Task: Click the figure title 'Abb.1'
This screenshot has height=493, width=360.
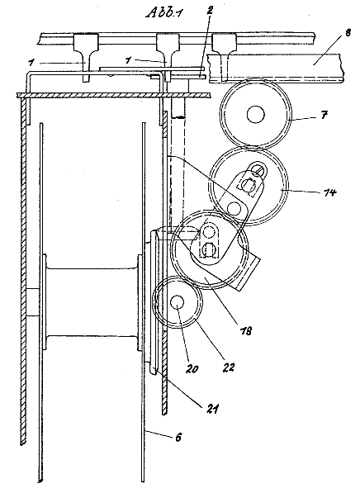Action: pyautogui.click(x=164, y=13)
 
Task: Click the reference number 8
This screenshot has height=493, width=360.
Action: pyautogui.click(x=348, y=33)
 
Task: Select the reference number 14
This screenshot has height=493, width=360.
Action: pyautogui.click(x=329, y=192)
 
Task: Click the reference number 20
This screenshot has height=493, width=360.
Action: pyautogui.click(x=192, y=368)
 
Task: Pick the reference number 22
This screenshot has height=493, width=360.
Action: pyautogui.click(x=228, y=367)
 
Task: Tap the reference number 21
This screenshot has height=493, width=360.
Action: pyautogui.click(x=211, y=409)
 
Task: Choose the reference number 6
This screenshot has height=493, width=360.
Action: pyautogui.click(x=178, y=437)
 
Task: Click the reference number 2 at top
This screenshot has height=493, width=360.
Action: pyautogui.click(x=210, y=10)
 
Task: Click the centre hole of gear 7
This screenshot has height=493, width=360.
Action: pyautogui.click(x=256, y=115)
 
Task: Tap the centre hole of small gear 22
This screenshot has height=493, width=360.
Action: pyautogui.click(x=177, y=303)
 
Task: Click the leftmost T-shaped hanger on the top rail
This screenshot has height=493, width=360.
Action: pyautogui.click(x=86, y=57)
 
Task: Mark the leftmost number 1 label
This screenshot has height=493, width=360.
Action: pyautogui.click(x=31, y=63)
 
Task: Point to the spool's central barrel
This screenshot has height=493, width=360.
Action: pyautogui.click(x=92, y=302)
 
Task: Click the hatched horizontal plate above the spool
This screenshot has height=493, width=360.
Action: pyautogui.click(x=113, y=95)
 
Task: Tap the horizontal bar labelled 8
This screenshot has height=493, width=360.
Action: pyautogui.click(x=275, y=69)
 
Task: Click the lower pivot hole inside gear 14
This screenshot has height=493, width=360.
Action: pyautogui.click(x=234, y=208)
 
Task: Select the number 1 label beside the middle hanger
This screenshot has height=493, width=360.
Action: pyautogui.click(x=128, y=59)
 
